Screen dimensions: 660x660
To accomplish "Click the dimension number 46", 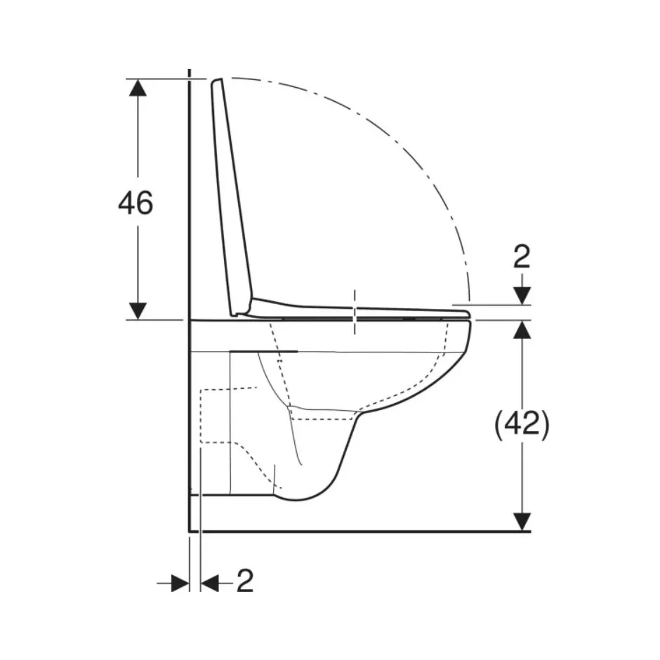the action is (x=136, y=203).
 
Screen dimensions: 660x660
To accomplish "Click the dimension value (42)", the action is (x=522, y=425).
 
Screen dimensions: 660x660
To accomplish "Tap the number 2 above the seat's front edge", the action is (x=522, y=257).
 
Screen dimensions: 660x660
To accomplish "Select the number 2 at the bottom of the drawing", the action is (x=245, y=581).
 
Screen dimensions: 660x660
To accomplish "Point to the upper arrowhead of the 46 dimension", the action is (x=138, y=88).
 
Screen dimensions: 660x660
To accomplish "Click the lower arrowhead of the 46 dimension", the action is (x=138, y=311).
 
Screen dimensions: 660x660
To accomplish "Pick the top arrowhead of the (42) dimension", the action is (x=522, y=329).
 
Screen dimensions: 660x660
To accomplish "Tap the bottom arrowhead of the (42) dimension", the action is (x=522, y=522).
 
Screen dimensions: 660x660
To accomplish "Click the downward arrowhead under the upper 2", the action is (x=522, y=296).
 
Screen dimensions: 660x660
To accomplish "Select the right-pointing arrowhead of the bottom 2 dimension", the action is (x=180, y=583).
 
